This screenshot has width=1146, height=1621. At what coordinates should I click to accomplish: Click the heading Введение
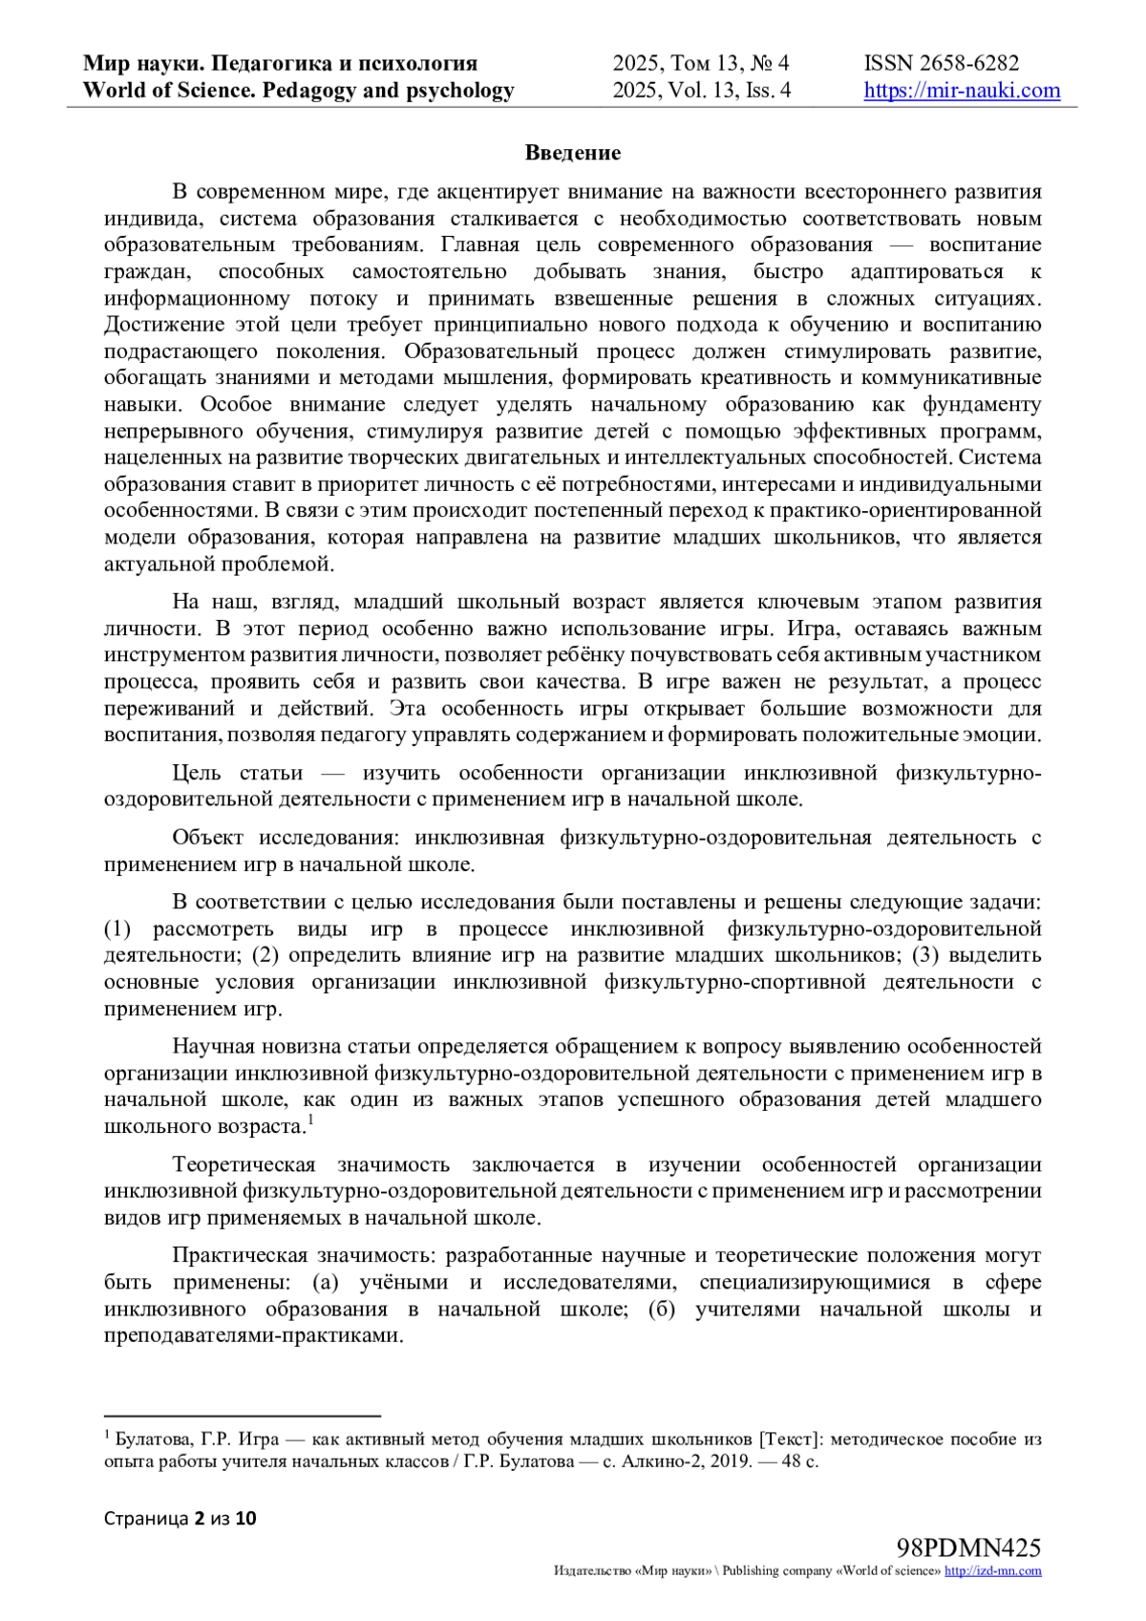click(x=573, y=153)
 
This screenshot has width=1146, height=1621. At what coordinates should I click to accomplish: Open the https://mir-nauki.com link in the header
click(x=962, y=91)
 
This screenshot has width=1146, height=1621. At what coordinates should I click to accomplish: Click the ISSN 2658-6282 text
click(x=941, y=64)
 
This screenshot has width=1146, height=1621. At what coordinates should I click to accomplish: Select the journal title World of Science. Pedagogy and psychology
click(x=299, y=91)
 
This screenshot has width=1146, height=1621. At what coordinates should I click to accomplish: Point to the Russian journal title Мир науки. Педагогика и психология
click(x=281, y=64)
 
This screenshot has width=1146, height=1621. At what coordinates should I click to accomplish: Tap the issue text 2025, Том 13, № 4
click(x=701, y=64)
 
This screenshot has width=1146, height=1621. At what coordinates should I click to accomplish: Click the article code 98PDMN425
click(x=968, y=1548)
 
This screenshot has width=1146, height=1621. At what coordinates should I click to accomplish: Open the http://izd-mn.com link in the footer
click(x=993, y=1571)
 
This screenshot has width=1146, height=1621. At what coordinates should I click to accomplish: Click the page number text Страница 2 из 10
click(x=180, y=1518)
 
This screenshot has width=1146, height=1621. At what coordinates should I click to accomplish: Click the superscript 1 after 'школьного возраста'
click(x=311, y=1120)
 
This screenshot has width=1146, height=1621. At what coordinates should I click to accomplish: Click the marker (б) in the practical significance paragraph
click(x=662, y=1309)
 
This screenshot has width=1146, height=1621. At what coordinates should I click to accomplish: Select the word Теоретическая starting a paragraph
click(x=244, y=1165)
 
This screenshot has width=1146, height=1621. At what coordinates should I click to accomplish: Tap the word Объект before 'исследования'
click(x=207, y=838)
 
